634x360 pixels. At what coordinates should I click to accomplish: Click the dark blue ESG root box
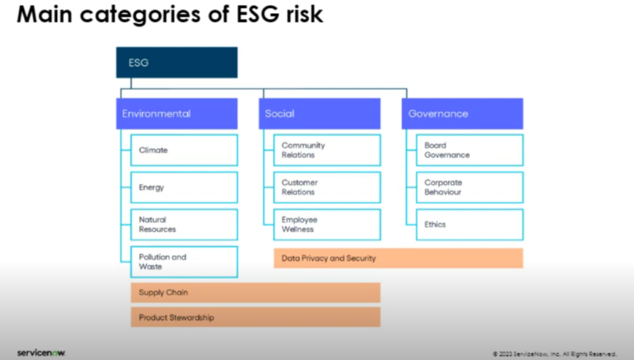[177, 62]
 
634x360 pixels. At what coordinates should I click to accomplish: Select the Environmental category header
[177, 114]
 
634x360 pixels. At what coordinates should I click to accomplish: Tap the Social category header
[320, 114]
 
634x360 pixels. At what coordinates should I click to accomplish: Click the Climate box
[183, 150]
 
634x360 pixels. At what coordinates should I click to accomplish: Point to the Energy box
[183, 187]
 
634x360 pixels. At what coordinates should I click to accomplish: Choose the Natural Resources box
[183, 225]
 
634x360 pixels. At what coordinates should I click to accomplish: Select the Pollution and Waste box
[183, 262]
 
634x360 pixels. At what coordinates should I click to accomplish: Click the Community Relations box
[327, 150]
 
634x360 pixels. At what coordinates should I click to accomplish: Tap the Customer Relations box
[327, 187]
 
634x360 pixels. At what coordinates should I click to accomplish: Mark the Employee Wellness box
[327, 225]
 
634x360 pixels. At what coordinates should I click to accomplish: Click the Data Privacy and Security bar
[398, 258]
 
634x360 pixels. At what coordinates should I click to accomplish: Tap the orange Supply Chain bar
[255, 293]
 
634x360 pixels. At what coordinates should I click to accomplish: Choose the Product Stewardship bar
[255, 317]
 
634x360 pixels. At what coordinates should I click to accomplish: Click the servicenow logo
[41, 352]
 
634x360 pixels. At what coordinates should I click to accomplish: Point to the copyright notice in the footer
[554, 353]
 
